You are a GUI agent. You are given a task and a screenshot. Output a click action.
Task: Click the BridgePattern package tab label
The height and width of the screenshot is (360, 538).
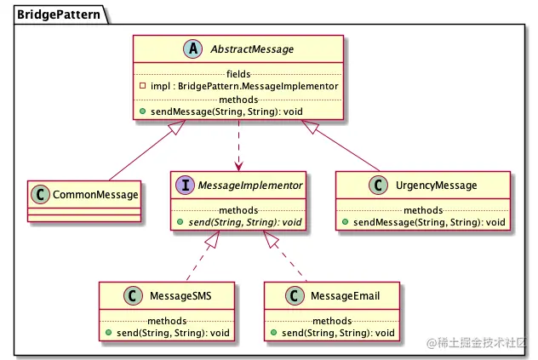(x=59, y=14)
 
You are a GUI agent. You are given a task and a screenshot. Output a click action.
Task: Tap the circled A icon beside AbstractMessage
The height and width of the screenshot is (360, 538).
(x=193, y=49)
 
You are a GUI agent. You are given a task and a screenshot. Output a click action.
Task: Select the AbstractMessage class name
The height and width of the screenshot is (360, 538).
(x=252, y=49)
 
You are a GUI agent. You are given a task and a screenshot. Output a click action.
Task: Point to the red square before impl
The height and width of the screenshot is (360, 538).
(x=143, y=85)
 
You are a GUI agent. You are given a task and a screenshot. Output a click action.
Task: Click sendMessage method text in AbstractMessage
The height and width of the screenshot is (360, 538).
(x=226, y=111)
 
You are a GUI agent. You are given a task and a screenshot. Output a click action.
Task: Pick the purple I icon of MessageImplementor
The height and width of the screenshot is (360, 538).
(x=186, y=185)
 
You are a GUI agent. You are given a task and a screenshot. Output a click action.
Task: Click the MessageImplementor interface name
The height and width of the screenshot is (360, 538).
(x=250, y=186)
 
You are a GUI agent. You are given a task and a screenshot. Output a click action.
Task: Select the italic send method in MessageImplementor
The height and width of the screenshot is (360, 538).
(x=245, y=222)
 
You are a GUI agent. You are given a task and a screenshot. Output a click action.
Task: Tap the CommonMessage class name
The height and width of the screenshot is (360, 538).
(x=95, y=195)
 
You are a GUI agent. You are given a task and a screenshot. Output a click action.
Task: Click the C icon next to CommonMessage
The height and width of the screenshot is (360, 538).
(x=40, y=195)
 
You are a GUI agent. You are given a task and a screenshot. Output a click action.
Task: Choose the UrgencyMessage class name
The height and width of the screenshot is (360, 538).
(x=436, y=186)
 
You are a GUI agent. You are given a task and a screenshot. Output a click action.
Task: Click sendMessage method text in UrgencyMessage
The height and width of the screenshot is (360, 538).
(x=429, y=222)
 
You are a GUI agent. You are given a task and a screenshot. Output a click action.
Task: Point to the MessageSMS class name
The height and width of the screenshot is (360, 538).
(x=180, y=296)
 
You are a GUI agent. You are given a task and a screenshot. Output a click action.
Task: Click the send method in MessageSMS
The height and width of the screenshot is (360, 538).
(x=173, y=333)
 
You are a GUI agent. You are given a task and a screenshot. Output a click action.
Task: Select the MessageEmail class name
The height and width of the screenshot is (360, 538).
(x=345, y=296)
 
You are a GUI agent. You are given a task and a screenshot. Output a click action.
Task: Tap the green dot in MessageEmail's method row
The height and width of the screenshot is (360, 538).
(x=274, y=332)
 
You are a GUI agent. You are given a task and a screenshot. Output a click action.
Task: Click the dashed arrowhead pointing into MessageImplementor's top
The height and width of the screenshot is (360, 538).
(x=238, y=166)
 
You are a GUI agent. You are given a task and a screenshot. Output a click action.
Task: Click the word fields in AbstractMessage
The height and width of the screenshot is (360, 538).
(x=238, y=74)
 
